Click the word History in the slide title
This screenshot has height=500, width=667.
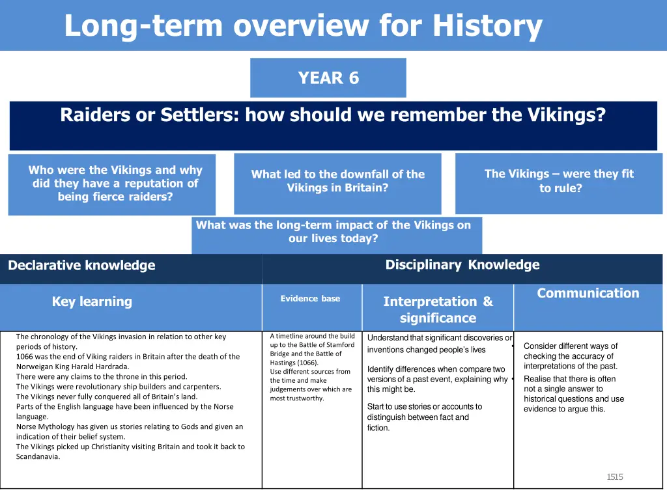pos(487,26)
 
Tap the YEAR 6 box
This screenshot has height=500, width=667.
pos(328,78)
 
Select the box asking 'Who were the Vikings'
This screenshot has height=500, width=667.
pos(112,184)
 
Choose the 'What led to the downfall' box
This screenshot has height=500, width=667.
pos(337,182)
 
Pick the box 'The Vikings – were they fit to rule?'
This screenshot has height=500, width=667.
pos(559,182)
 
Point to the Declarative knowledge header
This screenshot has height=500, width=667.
pos(81,266)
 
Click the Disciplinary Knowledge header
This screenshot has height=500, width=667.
pos(462,265)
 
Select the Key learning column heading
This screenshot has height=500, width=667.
pos(92,301)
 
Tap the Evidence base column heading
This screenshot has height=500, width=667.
pos(310,299)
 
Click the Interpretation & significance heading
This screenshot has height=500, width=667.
pos(438,310)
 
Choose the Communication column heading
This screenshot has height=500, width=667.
pos(588,294)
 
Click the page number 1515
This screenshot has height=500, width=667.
pos(615,477)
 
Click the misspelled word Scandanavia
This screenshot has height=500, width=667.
pos(38,457)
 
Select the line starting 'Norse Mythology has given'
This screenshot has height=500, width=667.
pos(130,427)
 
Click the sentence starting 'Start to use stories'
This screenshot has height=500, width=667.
pos(425,407)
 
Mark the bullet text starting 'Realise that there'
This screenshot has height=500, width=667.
pos(570,379)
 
